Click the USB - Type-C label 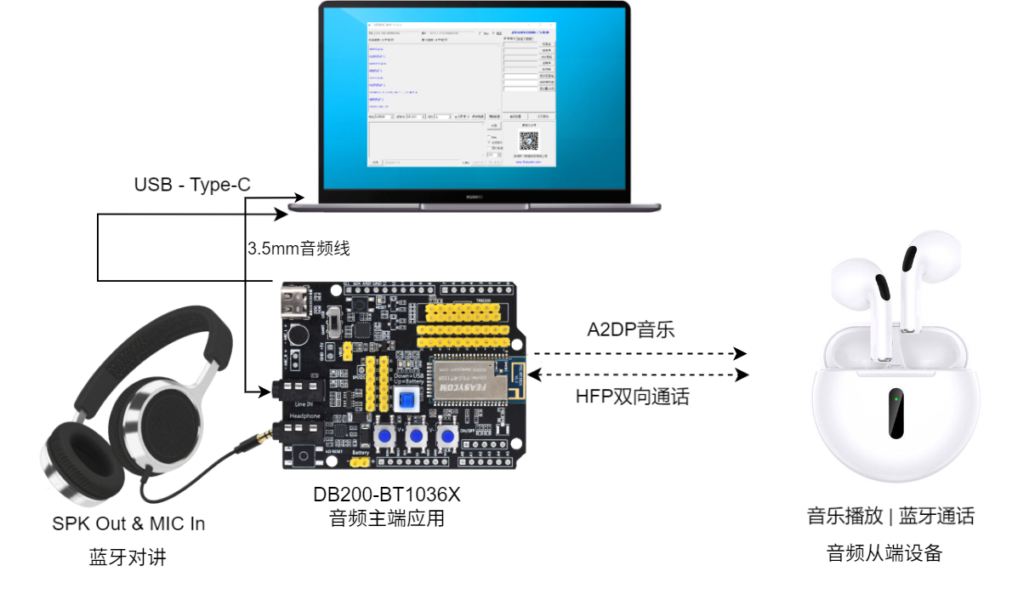(192, 185)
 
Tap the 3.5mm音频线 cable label (298, 249)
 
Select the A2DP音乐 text (630, 330)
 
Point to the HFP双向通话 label (632, 396)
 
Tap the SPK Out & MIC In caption (128, 523)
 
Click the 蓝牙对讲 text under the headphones (128, 558)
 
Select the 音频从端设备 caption (884, 553)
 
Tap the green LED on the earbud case (895, 397)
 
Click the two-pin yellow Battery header (358, 464)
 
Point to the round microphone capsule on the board (295, 336)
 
